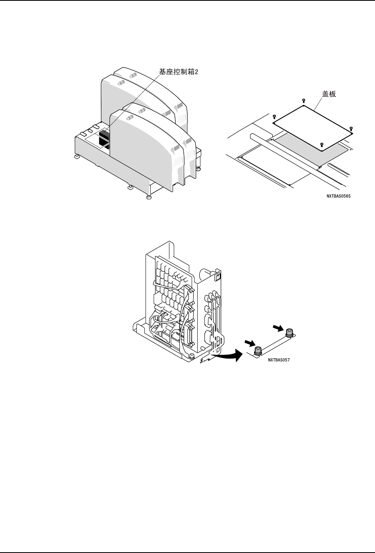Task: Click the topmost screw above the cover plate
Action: (x=303, y=101)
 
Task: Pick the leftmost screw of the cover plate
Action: (x=274, y=117)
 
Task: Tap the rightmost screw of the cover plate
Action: (x=351, y=128)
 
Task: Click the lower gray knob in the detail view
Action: (x=258, y=350)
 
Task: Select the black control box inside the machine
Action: (x=104, y=138)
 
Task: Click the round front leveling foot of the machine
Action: (x=148, y=197)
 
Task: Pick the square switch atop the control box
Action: (x=218, y=275)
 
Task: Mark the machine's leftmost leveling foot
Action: (x=76, y=157)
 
